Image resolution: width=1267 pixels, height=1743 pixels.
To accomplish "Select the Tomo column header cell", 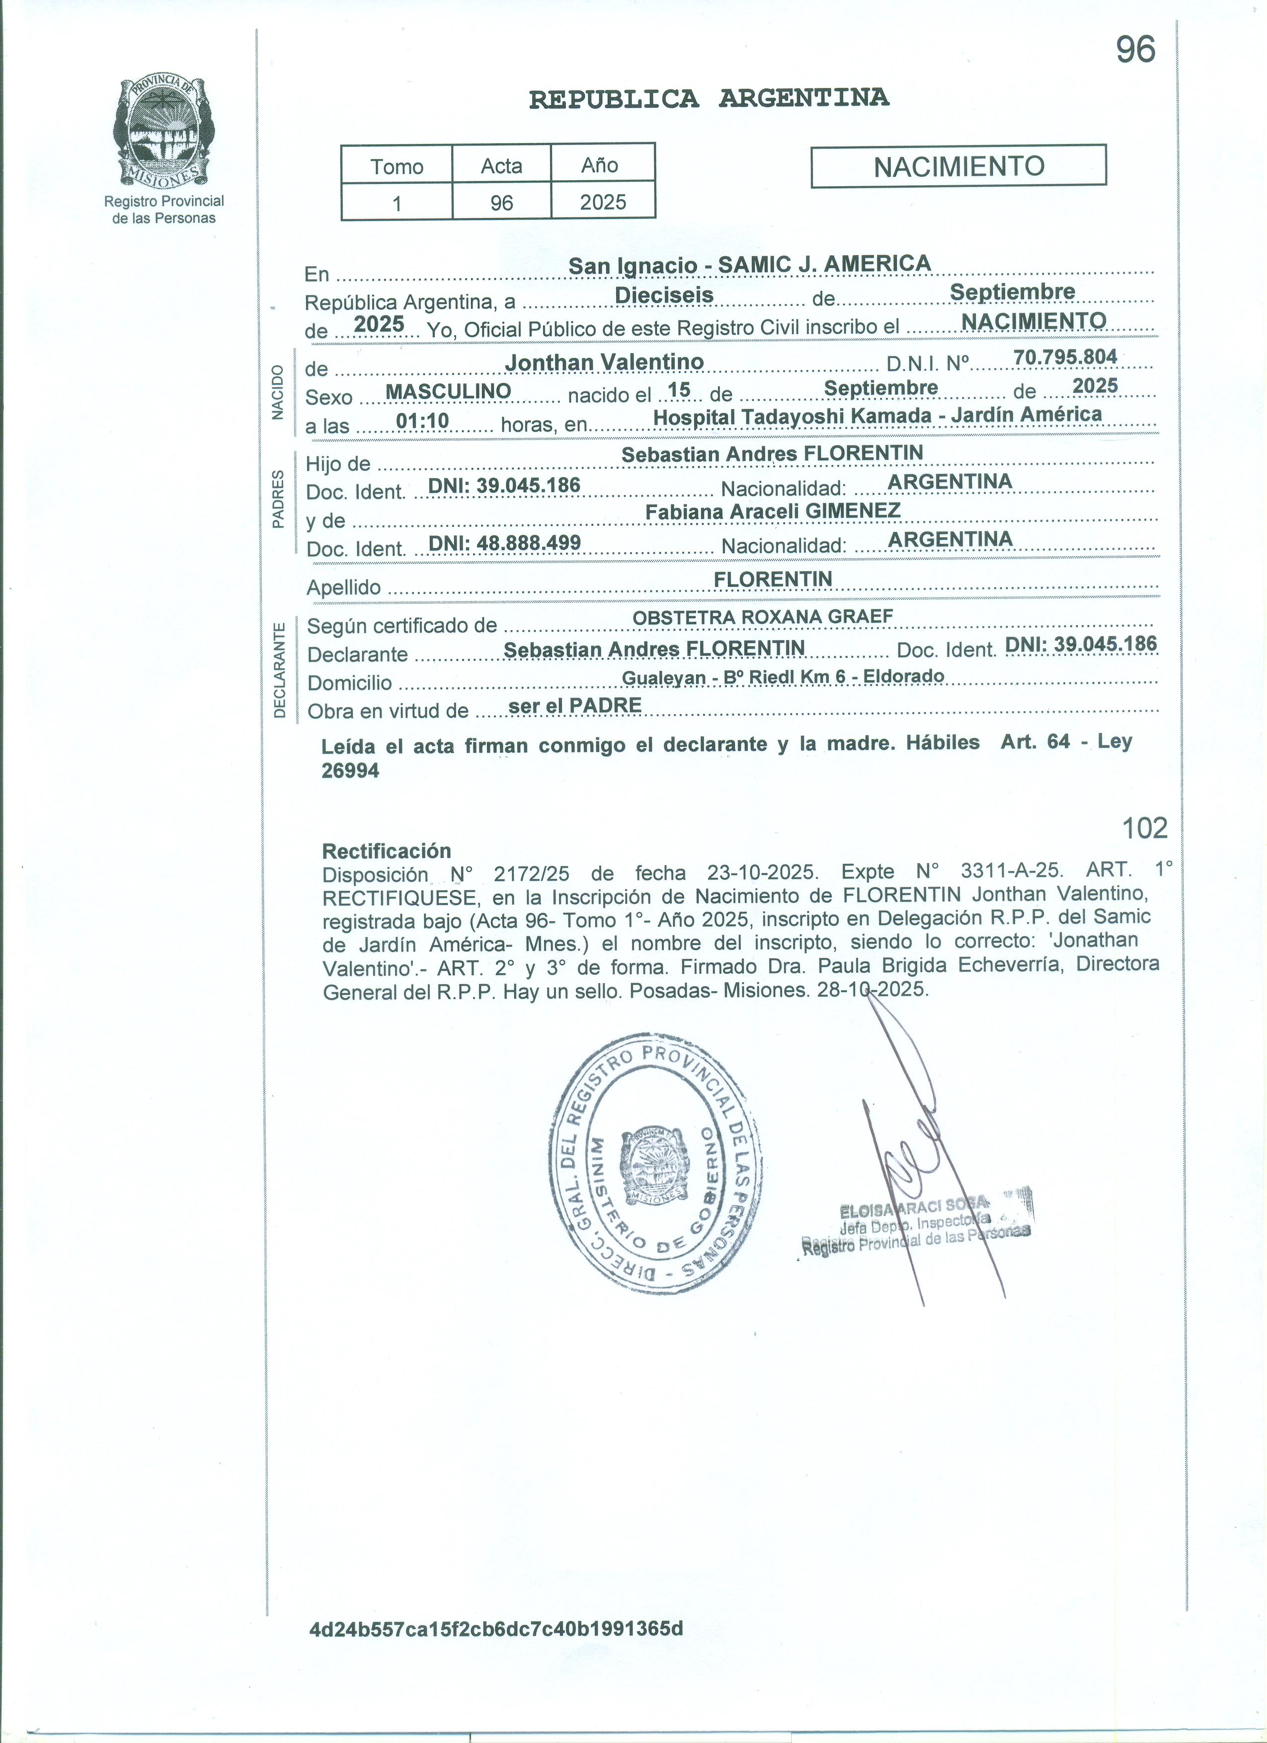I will click(x=396, y=166).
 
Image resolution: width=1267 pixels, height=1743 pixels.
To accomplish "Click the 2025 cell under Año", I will click(x=603, y=202).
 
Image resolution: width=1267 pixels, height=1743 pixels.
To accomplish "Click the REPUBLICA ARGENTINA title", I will click(x=709, y=98).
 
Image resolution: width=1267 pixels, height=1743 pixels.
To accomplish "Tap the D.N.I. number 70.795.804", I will click(x=1065, y=357).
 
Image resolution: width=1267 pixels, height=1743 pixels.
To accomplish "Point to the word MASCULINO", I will click(x=448, y=391).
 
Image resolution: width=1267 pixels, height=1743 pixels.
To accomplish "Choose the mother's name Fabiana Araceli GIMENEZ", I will click(x=772, y=511).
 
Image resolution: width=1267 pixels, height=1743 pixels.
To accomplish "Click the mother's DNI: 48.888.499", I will click(x=504, y=543).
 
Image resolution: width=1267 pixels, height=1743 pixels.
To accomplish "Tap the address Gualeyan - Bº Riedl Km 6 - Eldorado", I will click(x=783, y=676).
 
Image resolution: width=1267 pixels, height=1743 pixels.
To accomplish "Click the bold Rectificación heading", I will click(x=386, y=851).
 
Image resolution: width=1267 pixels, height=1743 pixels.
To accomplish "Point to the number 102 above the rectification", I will click(x=1144, y=828).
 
